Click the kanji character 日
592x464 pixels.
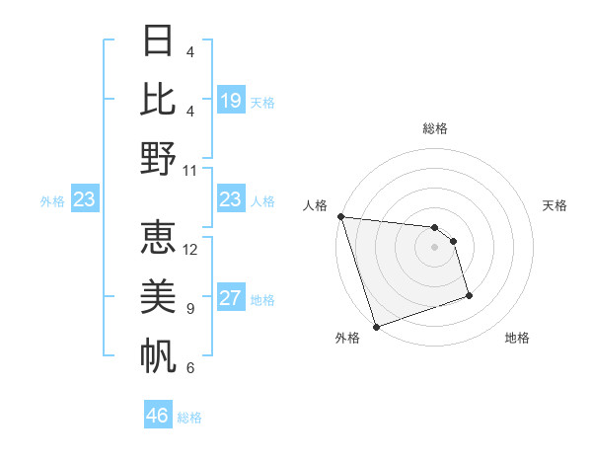pyautogui.click(x=158, y=40)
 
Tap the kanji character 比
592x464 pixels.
pyautogui.click(x=158, y=100)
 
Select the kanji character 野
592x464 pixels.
pyautogui.click(x=158, y=159)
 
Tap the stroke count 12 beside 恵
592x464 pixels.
pyautogui.click(x=190, y=250)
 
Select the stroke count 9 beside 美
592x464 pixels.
pyautogui.click(x=189, y=309)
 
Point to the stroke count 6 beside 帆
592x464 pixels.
pyautogui.click(x=189, y=368)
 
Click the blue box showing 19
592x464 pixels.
pyautogui.click(x=231, y=101)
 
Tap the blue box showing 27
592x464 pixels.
pyautogui.click(x=231, y=298)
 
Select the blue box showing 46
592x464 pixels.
pyautogui.click(x=158, y=416)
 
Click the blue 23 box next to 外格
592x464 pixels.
pyautogui.click(x=84, y=200)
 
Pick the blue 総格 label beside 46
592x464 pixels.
pyautogui.click(x=189, y=418)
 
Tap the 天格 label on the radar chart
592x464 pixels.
pyautogui.click(x=555, y=205)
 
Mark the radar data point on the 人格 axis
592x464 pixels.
pyautogui.click(x=340, y=216)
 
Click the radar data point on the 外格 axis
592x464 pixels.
pyautogui.click(x=376, y=327)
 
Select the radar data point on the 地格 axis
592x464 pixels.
pyautogui.click(x=469, y=295)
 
